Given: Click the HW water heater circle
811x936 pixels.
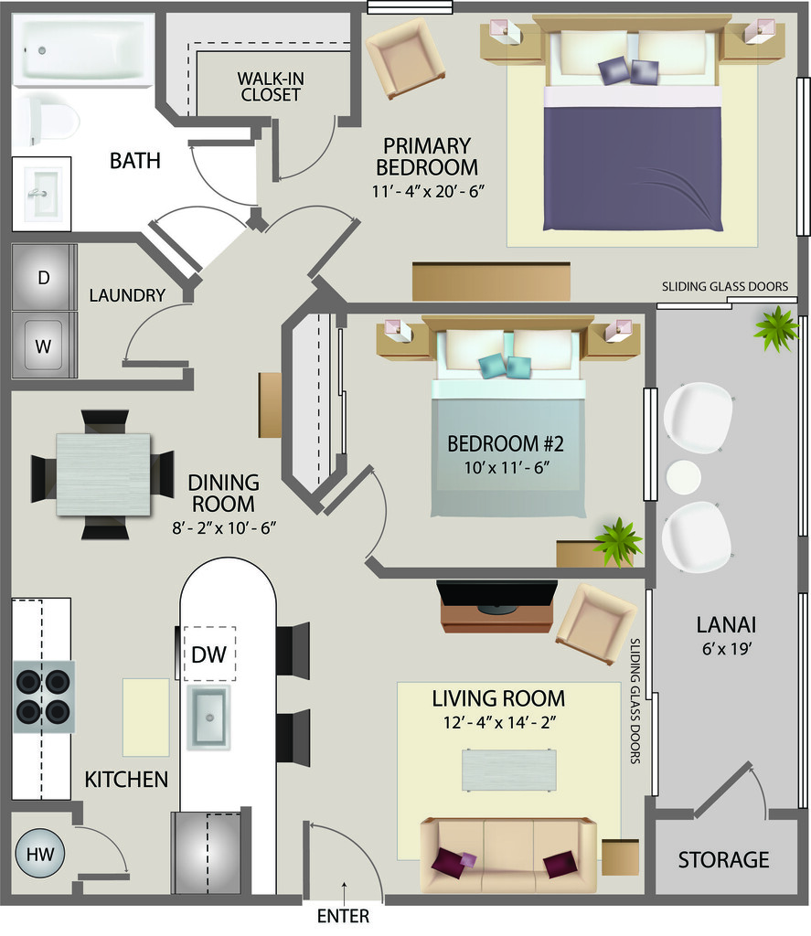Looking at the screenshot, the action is [x=39, y=854].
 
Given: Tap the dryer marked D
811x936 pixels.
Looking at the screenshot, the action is [x=44, y=277].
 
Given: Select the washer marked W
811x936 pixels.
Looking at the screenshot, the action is [x=44, y=345].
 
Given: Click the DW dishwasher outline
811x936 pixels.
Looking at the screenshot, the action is [x=209, y=654].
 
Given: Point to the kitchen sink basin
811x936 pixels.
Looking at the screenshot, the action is [x=208, y=717].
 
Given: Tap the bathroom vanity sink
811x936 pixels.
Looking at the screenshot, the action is [x=42, y=194].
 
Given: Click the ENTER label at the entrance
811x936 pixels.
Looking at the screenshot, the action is [x=343, y=916].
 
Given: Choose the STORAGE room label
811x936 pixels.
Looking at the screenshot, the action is [x=724, y=859].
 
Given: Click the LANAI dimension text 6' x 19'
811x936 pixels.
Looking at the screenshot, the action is [x=726, y=648].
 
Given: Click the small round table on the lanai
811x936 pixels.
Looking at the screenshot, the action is [x=683, y=477].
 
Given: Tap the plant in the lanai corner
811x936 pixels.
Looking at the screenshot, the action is [x=776, y=329].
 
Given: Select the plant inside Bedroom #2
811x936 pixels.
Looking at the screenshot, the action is [x=617, y=542].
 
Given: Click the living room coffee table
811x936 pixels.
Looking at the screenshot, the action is [x=509, y=770].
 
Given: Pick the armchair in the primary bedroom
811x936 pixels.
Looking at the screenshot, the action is [x=405, y=58].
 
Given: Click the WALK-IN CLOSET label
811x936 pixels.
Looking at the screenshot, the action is [x=271, y=87].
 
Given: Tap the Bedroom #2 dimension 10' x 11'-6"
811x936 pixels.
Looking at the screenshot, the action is [x=507, y=467].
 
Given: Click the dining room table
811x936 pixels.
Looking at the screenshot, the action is [x=103, y=474].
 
